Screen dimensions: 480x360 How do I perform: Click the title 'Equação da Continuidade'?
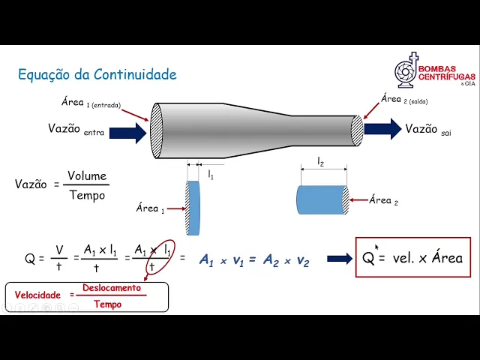pos(97,74)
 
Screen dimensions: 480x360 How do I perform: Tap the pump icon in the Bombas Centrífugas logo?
pos(407,72)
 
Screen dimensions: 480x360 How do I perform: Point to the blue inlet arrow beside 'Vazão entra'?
pos(128,133)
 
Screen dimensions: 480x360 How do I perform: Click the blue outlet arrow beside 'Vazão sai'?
pos(382,129)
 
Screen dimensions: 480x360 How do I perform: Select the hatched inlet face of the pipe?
pos(157,130)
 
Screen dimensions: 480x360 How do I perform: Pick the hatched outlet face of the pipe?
pos(357,130)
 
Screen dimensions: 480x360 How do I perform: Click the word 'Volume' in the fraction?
pos(87,176)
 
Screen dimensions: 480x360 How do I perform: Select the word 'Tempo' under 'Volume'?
pos(87,196)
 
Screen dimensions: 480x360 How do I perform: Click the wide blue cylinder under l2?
pos(321,200)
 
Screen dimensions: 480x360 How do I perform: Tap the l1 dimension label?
pos(211,174)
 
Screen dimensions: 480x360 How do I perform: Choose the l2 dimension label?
pos(321,162)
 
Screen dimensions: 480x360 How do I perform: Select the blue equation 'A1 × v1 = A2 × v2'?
pos(253,259)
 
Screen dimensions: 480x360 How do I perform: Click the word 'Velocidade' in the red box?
pos(37,295)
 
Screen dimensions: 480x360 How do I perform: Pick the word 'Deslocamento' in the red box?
pos(111,288)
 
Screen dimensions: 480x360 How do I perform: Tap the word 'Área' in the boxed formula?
pos(446,258)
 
